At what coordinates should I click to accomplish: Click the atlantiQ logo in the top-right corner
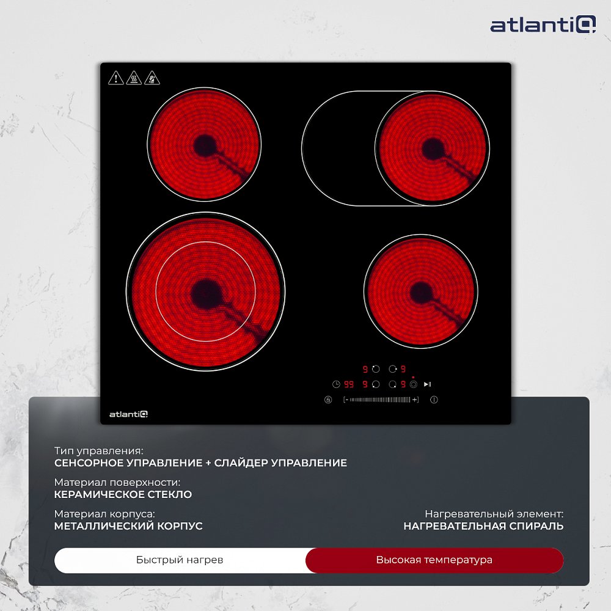pyautogui.click(x=543, y=24)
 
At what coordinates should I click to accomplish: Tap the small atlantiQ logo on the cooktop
pyautogui.click(x=128, y=414)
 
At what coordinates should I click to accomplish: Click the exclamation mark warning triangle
pyautogui.click(x=115, y=78)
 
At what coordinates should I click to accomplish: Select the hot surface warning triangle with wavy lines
pyautogui.click(x=134, y=78)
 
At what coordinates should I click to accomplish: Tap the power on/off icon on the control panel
pyautogui.click(x=434, y=400)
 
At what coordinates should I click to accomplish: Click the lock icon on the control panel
pyautogui.click(x=328, y=400)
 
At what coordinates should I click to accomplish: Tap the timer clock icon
pyautogui.click(x=336, y=384)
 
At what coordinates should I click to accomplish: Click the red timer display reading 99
pyautogui.click(x=349, y=384)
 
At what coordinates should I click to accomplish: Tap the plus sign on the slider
pyautogui.click(x=415, y=400)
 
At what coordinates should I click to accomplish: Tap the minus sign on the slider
pyautogui.click(x=346, y=400)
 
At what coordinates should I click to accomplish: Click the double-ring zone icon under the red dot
pyautogui.click(x=414, y=384)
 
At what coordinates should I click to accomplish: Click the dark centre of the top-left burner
pyautogui.click(x=205, y=145)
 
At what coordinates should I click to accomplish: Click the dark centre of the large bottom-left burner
pyautogui.click(x=206, y=293)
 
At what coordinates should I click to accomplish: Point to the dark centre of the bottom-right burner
pyautogui.click(x=421, y=292)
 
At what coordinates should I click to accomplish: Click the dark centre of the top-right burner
pyautogui.click(x=432, y=148)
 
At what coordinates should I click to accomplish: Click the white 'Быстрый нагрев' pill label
pyautogui.click(x=180, y=560)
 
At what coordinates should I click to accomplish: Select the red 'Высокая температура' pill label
pyautogui.click(x=434, y=560)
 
